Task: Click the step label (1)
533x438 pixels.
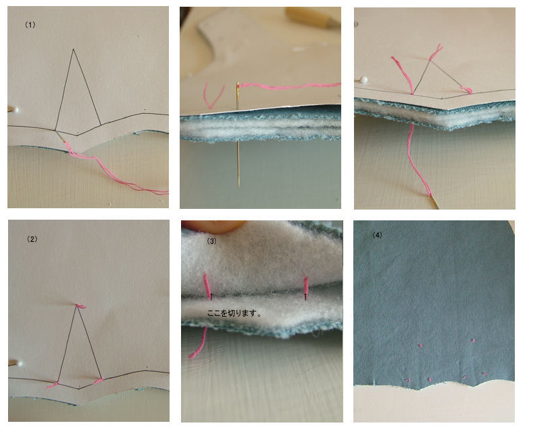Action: click(x=30, y=25)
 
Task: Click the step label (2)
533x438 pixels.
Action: click(x=32, y=239)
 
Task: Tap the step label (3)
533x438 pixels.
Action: click(x=211, y=241)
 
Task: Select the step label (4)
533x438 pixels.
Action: click(x=377, y=235)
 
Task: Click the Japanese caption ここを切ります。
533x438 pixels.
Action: click(x=235, y=313)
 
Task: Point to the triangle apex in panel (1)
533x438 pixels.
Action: click(x=73, y=49)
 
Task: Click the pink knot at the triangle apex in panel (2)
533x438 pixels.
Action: click(x=80, y=307)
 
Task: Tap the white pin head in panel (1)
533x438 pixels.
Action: click(x=15, y=110)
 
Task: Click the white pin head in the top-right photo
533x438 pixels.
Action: click(x=364, y=80)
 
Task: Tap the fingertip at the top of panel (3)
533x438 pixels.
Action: click(x=215, y=226)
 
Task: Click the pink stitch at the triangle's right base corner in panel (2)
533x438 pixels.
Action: click(x=98, y=381)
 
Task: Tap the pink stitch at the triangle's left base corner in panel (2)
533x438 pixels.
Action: click(x=53, y=385)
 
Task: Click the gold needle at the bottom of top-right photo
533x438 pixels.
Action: click(x=435, y=202)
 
